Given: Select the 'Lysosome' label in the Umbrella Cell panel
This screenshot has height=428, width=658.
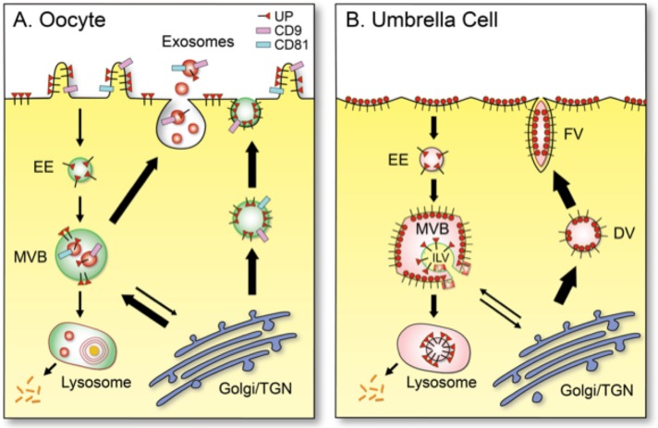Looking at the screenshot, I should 430,378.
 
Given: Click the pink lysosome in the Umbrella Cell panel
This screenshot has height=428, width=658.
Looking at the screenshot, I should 431,336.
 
